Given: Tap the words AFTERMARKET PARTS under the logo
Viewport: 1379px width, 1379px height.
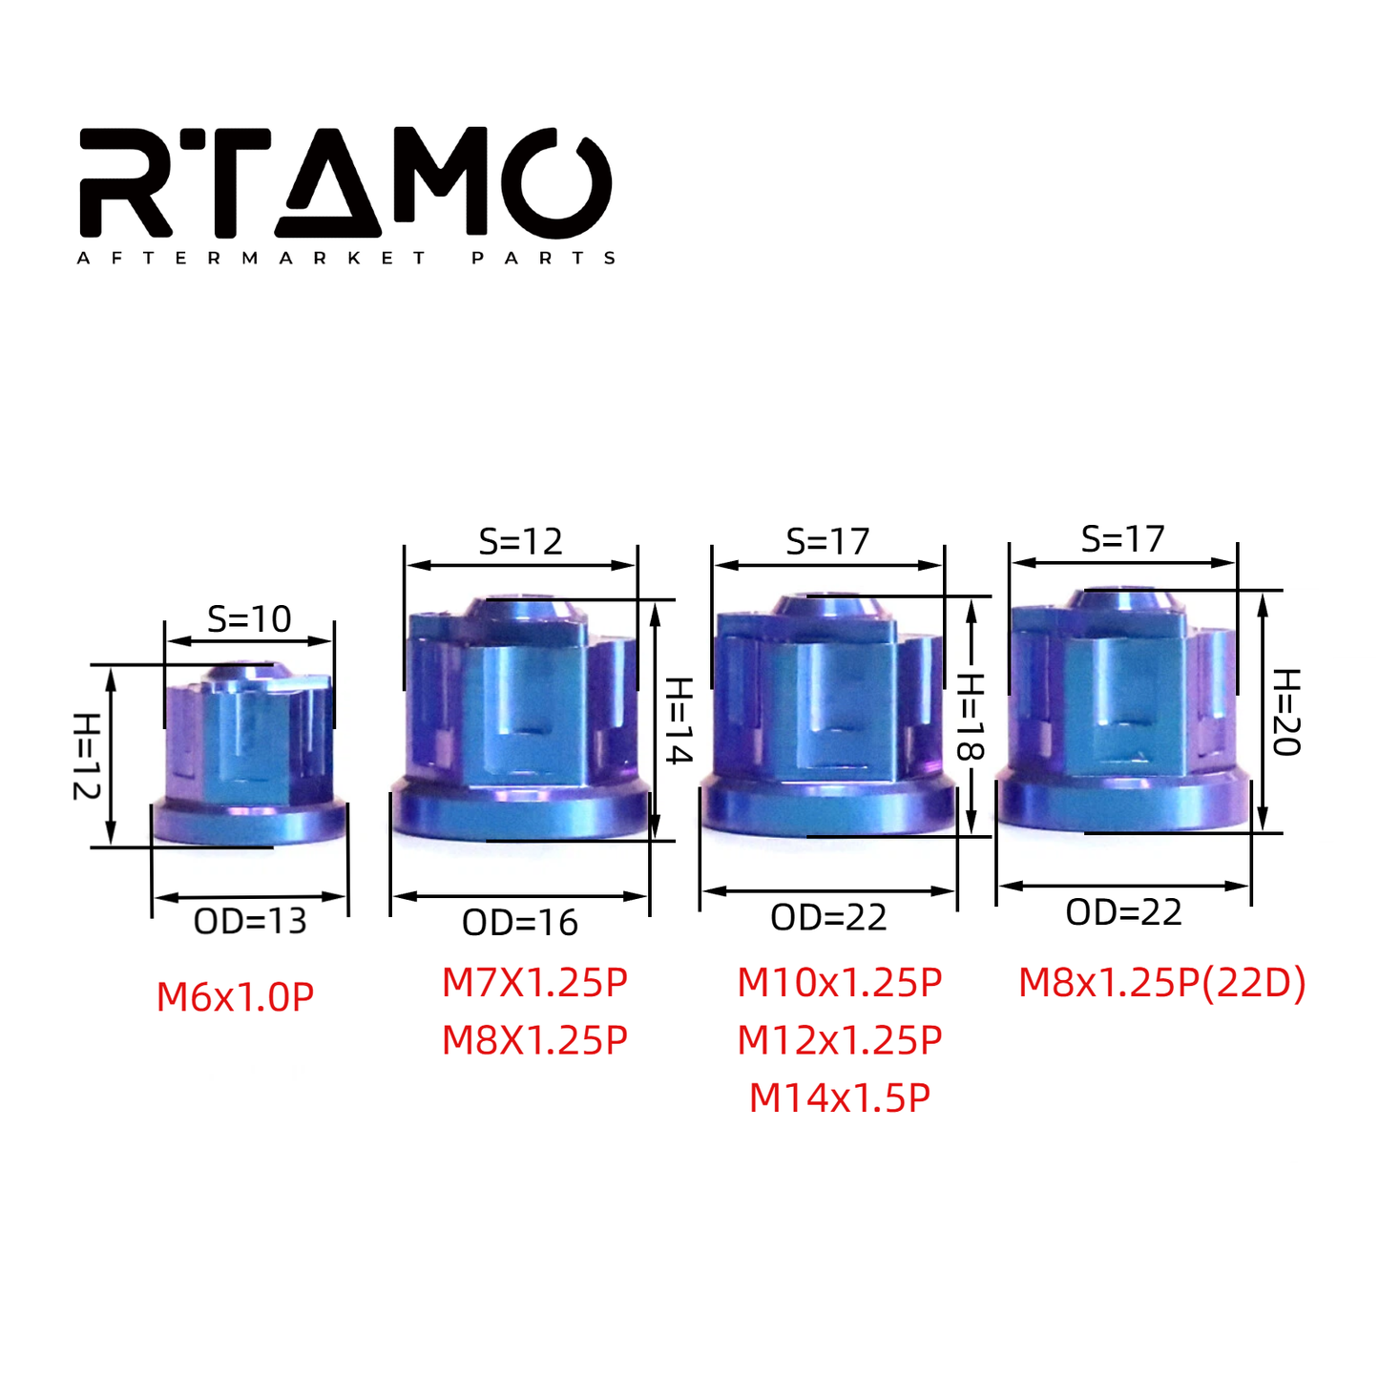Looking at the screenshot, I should coord(346,258).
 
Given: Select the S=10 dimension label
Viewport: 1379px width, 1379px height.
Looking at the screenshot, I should coord(249,619).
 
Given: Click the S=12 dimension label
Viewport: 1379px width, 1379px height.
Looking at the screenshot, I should coord(521,541).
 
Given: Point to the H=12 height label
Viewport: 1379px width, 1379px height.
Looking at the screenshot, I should coord(86,756).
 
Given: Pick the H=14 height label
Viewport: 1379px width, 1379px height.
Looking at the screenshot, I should coord(678,721).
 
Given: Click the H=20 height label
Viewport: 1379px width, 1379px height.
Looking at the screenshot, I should coord(1286,712).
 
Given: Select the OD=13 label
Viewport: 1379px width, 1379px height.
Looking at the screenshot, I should coord(250,921).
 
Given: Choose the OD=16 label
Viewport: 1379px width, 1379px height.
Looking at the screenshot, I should coord(520,923).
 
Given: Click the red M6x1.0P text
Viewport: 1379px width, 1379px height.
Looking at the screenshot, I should coord(235,997).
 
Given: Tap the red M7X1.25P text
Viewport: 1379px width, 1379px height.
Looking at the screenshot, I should coord(534,983).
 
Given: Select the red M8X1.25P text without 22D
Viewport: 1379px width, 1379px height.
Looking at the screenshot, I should coord(534,1040).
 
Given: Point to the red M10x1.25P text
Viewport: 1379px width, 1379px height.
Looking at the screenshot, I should coord(840,983).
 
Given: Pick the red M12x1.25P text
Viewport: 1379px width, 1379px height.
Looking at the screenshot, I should coord(840,1040).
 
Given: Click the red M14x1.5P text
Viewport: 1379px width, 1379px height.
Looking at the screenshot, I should coord(840,1098).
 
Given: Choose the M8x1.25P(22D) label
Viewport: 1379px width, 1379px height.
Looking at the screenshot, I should coord(1161,983).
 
